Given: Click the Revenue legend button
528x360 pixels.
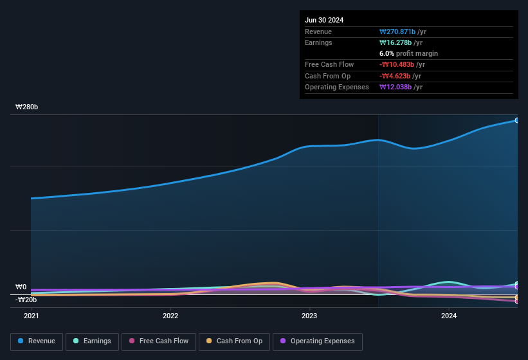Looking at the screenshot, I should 37,341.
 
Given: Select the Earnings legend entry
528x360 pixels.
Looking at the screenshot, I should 92,341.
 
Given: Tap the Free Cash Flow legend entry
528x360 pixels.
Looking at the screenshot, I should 159,341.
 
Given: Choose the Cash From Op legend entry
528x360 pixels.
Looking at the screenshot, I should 234,341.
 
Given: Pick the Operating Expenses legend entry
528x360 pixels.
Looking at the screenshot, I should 317,341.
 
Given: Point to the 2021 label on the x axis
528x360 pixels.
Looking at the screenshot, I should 32,316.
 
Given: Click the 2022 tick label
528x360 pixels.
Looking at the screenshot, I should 170,316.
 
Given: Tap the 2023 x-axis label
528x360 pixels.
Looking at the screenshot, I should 309,316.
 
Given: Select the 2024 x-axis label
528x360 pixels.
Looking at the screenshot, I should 448,316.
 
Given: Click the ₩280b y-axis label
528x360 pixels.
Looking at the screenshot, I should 27,107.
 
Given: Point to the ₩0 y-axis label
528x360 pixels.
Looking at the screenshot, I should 21,287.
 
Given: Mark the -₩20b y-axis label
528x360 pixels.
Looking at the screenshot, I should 26,300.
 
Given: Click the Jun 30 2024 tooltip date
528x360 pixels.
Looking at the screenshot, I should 324,20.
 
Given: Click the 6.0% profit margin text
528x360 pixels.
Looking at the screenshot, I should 408,53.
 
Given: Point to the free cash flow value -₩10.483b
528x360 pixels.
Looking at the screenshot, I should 402,64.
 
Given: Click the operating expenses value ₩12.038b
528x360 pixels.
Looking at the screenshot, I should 401,87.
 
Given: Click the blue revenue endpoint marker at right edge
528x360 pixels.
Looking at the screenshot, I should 517,120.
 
